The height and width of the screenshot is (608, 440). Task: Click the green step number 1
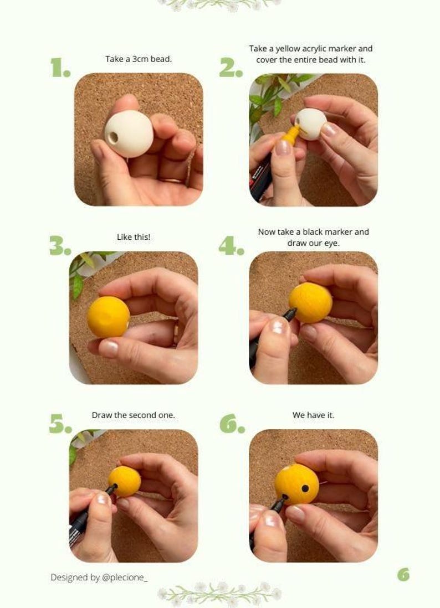tap(59, 68)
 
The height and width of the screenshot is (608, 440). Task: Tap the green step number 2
tap(230, 68)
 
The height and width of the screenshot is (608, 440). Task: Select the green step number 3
tap(59, 246)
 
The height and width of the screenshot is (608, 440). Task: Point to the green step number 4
tap(231, 246)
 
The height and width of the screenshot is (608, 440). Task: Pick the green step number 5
tap(60, 424)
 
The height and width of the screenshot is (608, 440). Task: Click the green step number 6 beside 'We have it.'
tap(232, 424)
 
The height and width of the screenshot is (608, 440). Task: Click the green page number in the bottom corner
tap(403, 575)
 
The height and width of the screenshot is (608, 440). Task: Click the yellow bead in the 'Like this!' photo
tap(109, 317)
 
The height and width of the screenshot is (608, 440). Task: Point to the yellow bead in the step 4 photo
tap(311, 302)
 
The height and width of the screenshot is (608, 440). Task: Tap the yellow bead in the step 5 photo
tap(125, 481)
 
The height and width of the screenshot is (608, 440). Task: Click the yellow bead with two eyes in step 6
tap(297, 484)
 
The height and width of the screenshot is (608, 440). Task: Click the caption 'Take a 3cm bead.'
tap(139, 59)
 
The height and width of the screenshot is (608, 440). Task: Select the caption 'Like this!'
tap(134, 237)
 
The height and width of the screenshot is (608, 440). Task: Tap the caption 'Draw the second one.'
tap(134, 415)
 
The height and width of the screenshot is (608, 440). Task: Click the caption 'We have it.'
tap(313, 415)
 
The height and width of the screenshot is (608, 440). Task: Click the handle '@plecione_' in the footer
tap(125, 577)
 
